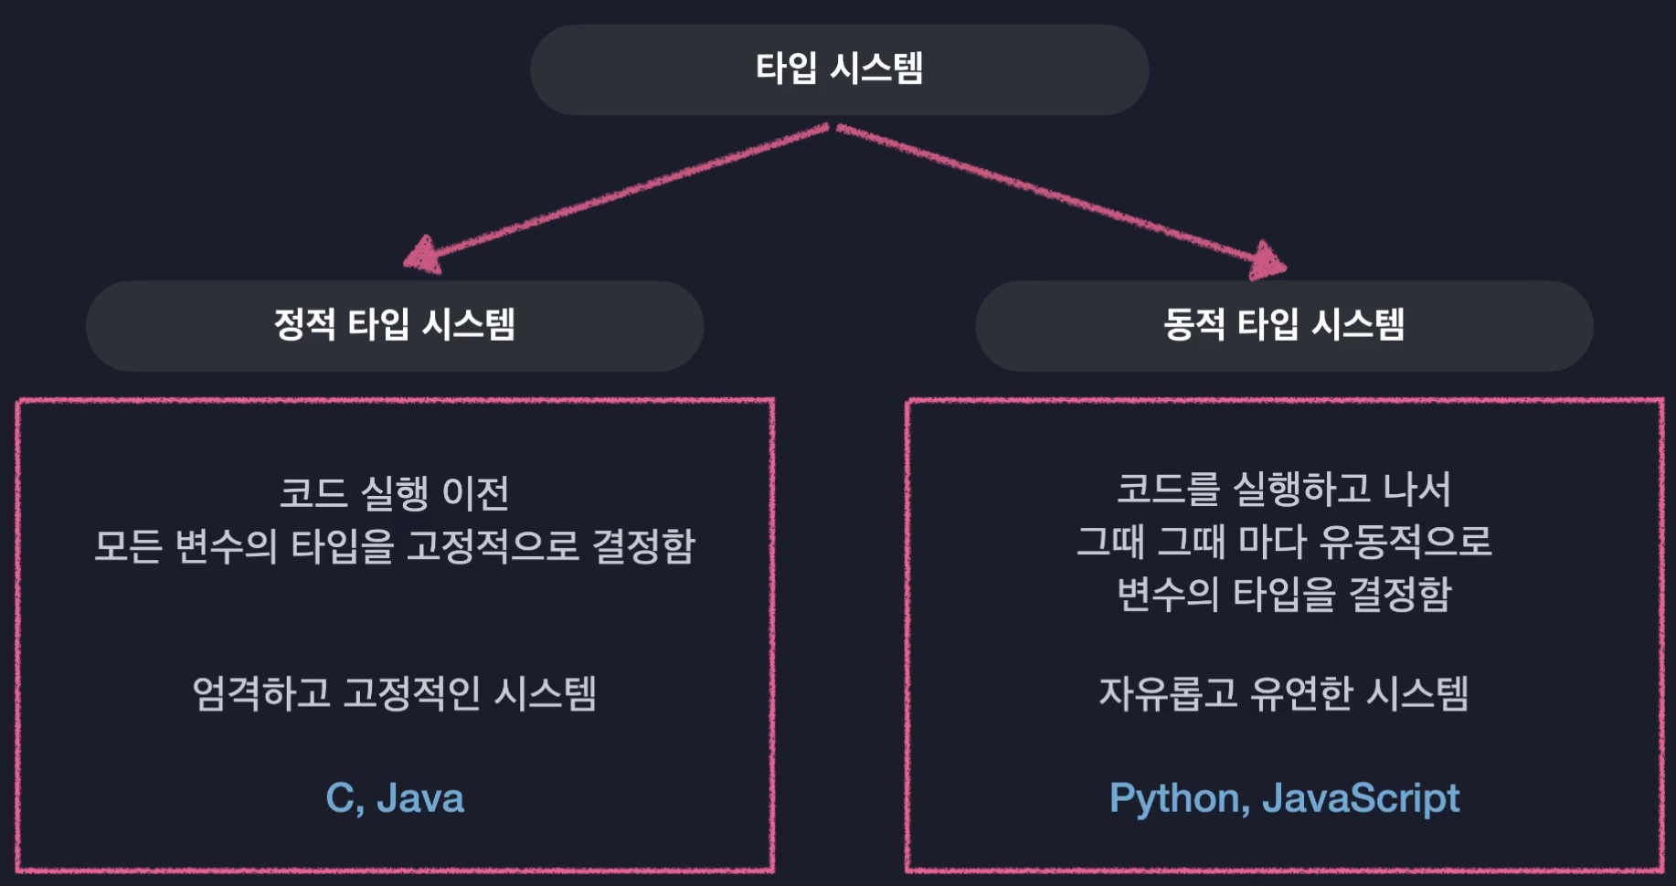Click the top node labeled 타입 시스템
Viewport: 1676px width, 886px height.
(839, 69)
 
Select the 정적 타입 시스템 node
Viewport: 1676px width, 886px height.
(394, 325)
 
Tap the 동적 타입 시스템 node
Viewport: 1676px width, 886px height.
(1283, 325)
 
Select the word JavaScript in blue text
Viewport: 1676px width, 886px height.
(1361, 799)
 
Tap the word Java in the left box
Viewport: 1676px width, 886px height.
(420, 799)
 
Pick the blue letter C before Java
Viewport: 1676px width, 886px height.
(340, 799)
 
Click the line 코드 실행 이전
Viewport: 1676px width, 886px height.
(394, 493)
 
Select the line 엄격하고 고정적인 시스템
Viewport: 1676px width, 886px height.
(394, 693)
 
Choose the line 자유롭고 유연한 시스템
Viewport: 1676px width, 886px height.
(1283, 693)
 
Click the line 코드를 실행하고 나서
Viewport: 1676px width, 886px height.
(1283, 490)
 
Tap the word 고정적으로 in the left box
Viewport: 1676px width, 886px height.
(492, 546)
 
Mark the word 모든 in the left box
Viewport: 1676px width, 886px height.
(127, 546)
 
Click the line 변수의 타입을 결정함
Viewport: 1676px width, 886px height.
(1283, 595)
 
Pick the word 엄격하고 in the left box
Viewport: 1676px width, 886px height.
(260, 693)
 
